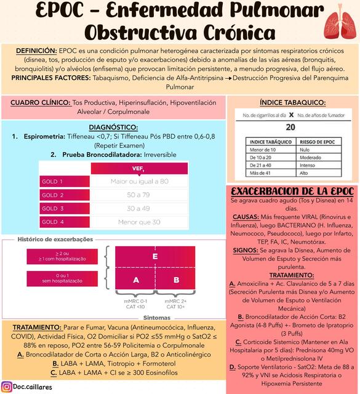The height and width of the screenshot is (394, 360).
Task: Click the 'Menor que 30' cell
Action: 139,222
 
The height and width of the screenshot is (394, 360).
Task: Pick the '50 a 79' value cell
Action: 139,195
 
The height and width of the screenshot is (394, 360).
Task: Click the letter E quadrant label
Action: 155,256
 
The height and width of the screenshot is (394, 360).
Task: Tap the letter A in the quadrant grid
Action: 136,280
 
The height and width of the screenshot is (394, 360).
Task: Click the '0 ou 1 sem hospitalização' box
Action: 62,279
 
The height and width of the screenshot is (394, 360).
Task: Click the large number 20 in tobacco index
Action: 291,127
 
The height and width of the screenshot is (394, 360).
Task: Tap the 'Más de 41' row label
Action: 262,174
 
